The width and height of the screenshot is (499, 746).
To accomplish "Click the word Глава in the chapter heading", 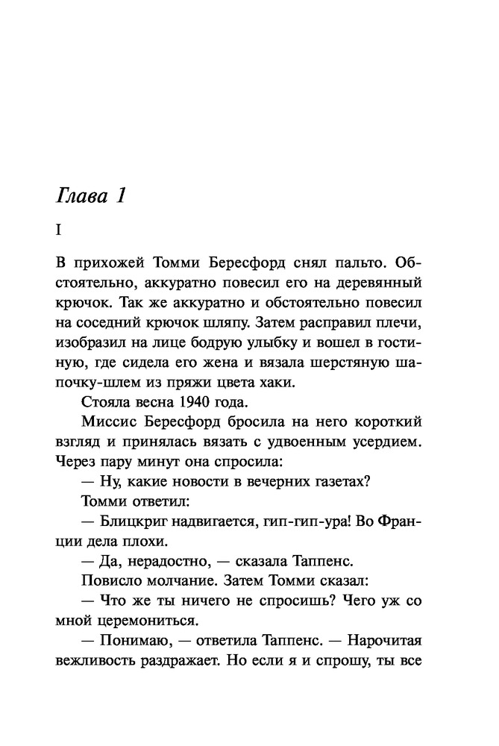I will [x=80, y=198].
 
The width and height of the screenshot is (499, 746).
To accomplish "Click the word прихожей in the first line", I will [x=107, y=265].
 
